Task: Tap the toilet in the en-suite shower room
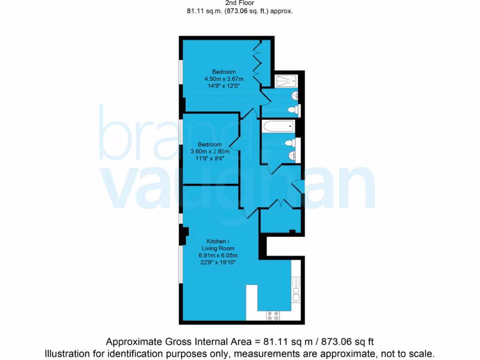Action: coord(293,111)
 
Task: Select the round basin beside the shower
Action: coord(294,96)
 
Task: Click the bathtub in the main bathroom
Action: coord(278,126)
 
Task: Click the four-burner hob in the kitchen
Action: coord(273,315)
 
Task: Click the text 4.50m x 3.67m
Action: coord(220,79)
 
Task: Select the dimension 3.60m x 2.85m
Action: coord(210,151)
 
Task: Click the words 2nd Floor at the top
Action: coord(240,3)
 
